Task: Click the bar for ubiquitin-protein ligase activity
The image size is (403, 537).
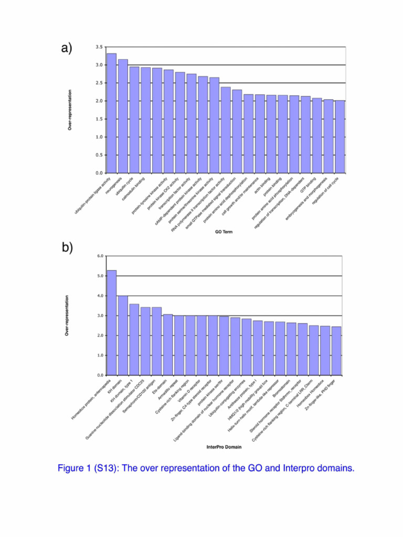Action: [x=111, y=113]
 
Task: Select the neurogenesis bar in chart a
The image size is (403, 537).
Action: [x=123, y=116]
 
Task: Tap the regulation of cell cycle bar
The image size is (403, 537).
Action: [x=340, y=137]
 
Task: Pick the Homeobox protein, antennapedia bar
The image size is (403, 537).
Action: [x=111, y=323]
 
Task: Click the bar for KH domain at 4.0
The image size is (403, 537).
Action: [x=123, y=336]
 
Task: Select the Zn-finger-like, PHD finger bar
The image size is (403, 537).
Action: [x=336, y=351]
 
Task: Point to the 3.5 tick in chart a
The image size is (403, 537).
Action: [x=99, y=47]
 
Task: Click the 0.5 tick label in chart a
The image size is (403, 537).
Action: [x=99, y=155]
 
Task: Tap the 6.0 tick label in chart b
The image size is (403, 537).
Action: [x=100, y=256]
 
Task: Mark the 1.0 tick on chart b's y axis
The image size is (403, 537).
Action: [x=100, y=356]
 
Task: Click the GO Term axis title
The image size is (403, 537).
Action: [x=224, y=231]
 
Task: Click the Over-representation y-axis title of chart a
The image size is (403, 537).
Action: [x=70, y=110]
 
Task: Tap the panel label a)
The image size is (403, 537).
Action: [x=66, y=49]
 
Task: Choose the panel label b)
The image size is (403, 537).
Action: [x=66, y=248]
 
